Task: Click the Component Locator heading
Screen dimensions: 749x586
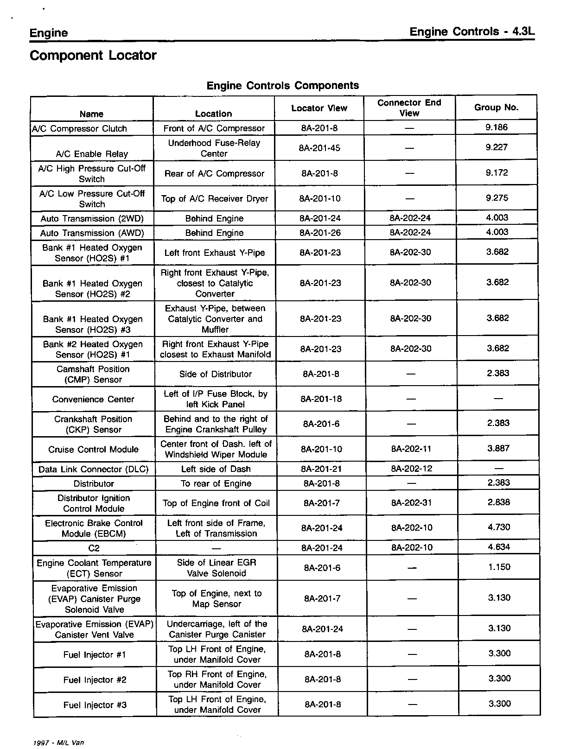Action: pos(93,56)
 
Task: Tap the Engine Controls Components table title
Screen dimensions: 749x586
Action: pos(282,86)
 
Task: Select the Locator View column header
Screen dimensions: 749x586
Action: pos(319,108)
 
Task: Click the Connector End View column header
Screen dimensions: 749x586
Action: pos(409,108)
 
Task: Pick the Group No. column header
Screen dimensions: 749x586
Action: pos(496,108)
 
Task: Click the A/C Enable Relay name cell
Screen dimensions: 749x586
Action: pos(92,154)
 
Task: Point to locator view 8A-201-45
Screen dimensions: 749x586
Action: pos(320,148)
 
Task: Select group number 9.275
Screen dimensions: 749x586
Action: pos(497,198)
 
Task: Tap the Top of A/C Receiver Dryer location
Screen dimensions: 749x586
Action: pos(214,199)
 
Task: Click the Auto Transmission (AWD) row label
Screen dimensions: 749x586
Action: pos(92,233)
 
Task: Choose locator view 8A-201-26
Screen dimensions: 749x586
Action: pos(320,233)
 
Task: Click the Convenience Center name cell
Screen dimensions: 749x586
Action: pos(93,400)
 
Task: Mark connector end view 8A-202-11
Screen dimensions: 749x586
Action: pos(411,449)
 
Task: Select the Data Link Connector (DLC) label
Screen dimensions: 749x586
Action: pos(93,469)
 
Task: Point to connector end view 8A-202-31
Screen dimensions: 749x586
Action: pos(412,503)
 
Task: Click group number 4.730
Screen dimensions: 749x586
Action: pos(499,527)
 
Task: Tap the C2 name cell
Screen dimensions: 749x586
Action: pos(94,548)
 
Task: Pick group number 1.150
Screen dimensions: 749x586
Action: pos(499,567)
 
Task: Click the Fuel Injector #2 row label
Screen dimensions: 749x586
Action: pos(95,680)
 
